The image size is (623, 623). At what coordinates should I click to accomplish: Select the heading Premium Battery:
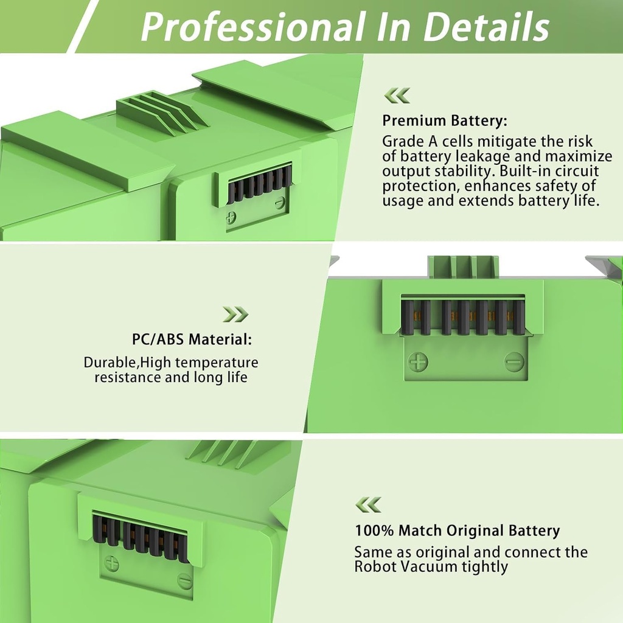pyautogui.click(x=444, y=120)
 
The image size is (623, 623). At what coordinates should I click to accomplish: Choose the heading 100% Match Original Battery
pyautogui.click(x=457, y=531)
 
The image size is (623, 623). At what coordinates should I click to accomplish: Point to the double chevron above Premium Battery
pyautogui.click(x=397, y=96)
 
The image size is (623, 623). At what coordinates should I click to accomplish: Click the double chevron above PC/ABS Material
pyautogui.click(x=235, y=314)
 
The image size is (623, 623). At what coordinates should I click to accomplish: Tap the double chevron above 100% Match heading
pyautogui.click(x=368, y=504)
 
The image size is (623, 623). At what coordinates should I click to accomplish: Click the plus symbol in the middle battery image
pyautogui.click(x=418, y=362)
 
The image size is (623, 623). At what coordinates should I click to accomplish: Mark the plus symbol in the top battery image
pyautogui.click(x=231, y=218)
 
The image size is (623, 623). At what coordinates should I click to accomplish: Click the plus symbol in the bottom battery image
pyautogui.click(x=111, y=563)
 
